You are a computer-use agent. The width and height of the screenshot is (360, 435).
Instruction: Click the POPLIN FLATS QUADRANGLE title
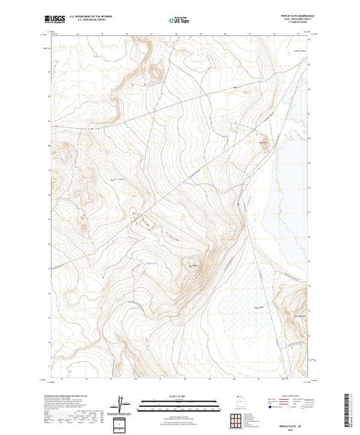click(x=294, y=14)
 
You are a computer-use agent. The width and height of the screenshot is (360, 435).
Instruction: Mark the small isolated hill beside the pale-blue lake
click(x=263, y=144)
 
